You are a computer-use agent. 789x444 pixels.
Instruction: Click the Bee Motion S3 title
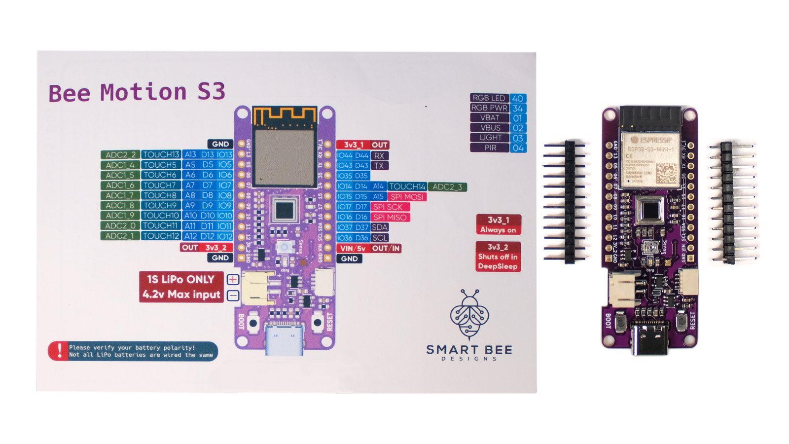(137, 92)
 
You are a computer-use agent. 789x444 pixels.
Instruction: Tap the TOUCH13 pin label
(161, 154)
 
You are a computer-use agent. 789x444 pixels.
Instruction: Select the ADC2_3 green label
(447, 186)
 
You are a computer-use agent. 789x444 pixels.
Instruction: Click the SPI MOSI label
(407, 197)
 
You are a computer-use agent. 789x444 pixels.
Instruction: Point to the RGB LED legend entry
(489, 98)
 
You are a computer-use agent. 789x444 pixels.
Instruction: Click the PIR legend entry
(490, 148)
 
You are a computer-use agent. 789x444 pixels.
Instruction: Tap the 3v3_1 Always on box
(498, 224)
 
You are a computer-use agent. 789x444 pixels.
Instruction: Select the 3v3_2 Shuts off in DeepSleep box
(498, 257)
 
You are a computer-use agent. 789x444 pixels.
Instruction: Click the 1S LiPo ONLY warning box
(180, 287)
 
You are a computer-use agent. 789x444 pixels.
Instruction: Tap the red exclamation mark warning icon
(59, 351)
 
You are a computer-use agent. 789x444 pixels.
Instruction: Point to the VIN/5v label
(353, 248)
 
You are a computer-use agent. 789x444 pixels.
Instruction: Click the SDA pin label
(379, 227)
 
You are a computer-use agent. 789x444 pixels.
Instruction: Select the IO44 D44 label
(353, 155)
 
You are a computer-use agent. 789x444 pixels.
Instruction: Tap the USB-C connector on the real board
(649, 338)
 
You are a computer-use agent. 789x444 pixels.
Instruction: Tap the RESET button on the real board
(682, 323)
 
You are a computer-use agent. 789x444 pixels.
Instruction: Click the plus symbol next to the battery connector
(233, 280)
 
